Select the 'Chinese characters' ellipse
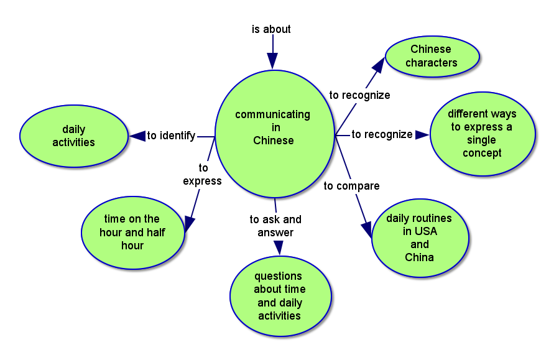[x=432, y=56]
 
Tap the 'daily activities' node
[x=74, y=136]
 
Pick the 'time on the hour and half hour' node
[x=132, y=233]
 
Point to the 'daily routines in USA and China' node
[x=419, y=238]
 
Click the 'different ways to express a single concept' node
[x=482, y=134]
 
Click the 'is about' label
[x=271, y=29]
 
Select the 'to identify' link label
[x=171, y=136]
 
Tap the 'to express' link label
[x=202, y=175]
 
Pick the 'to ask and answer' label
[x=275, y=226]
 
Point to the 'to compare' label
[x=351, y=186]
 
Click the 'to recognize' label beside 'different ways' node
[x=382, y=134]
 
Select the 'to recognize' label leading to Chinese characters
[x=359, y=95]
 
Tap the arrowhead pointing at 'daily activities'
[x=137, y=136]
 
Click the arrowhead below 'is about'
[x=272, y=60]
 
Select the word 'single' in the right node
[x=481, y=140]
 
